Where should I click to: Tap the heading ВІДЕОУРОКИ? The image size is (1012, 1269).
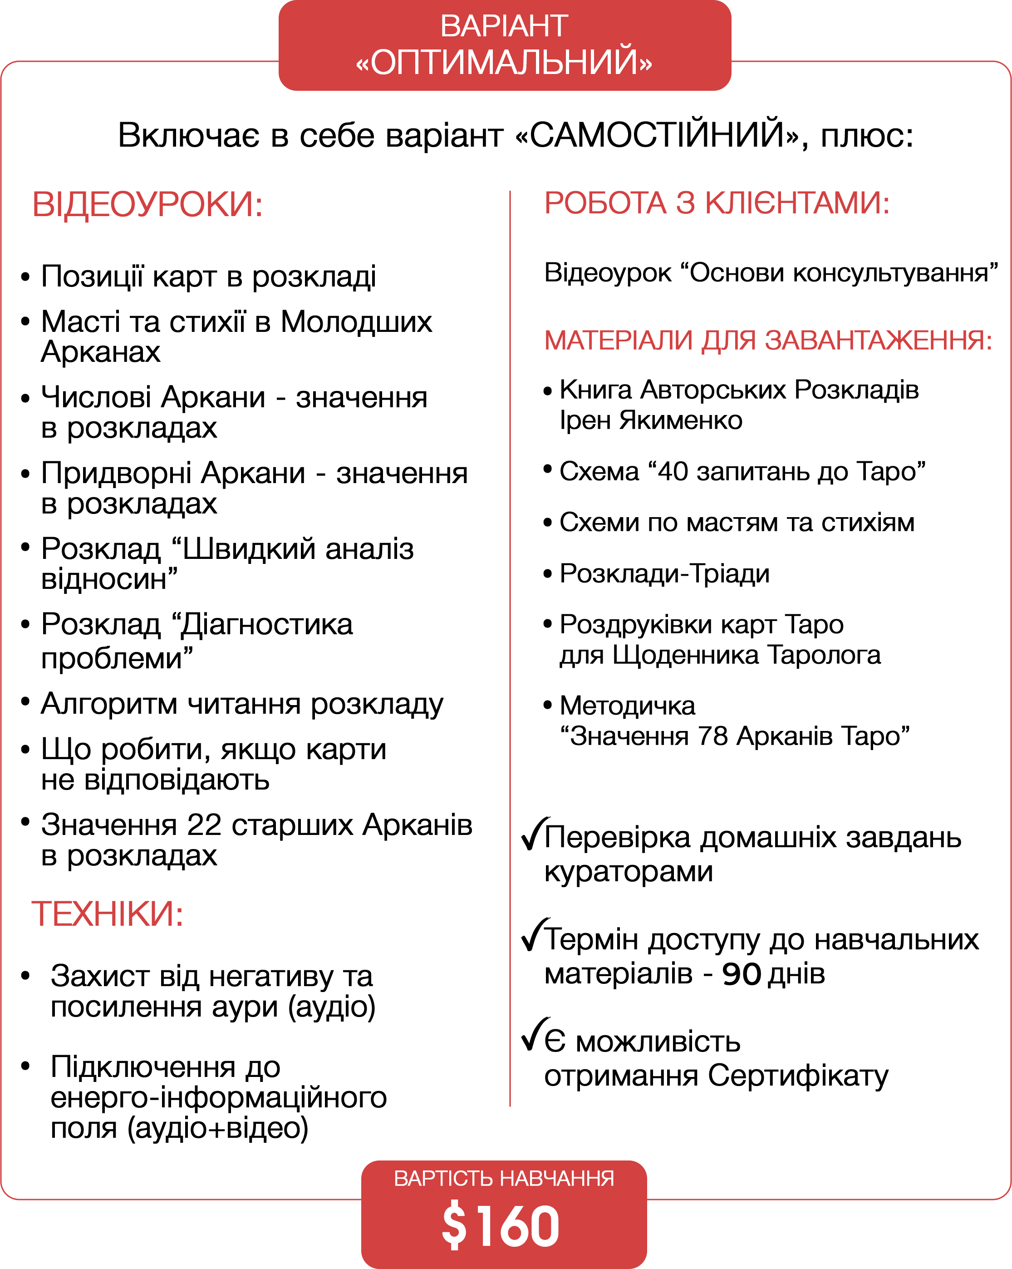(147, 205)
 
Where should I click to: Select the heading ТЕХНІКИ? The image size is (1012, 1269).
(108, 913)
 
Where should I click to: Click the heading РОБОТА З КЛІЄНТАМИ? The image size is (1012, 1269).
(716, 204)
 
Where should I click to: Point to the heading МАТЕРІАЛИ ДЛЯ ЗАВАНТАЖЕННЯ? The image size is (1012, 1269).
(768, 340)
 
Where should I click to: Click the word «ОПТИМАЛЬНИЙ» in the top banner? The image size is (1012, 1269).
(504, 62)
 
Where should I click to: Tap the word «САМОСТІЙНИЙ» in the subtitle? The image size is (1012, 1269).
(657, 135)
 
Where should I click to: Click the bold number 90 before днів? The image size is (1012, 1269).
(742, 975)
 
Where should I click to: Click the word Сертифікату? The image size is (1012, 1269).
(798, 1076)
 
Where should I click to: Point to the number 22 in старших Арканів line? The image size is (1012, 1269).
(204, 825)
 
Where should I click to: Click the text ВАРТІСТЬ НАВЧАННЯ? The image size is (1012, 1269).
(504, 1178)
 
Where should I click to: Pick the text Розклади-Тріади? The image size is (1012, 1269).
(664, 574)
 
